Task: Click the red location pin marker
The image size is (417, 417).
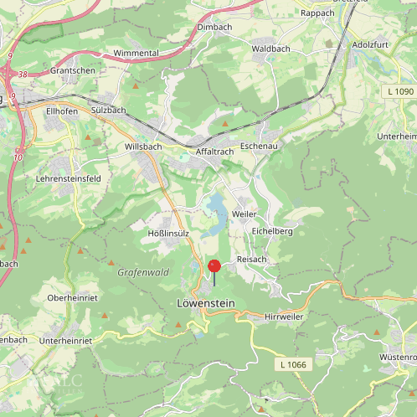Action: coord(214,266)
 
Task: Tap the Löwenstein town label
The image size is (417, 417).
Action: coord(206,302)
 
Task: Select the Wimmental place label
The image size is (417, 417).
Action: coord(136,53)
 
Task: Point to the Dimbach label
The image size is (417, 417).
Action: coord(214,27)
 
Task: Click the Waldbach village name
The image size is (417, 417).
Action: coord(271,49)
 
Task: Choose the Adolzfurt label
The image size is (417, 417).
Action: coord(373,44)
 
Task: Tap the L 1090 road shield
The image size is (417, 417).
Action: coord(401,90)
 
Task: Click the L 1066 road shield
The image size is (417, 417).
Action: coord(293,364)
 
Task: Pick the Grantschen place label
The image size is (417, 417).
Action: coord(72,71)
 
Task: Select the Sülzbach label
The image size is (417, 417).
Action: coord(108,110)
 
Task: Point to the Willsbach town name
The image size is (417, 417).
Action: coord(143,146)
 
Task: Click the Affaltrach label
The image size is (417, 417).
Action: coord(214,152)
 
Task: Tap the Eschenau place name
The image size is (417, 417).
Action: coord(259,146)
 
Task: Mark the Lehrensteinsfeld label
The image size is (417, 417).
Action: coord(69,178)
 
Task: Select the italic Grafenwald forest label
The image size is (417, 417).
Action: coord(143,272)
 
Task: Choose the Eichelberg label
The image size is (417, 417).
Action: coord(271,230)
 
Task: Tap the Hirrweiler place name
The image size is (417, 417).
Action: coord(284,317)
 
